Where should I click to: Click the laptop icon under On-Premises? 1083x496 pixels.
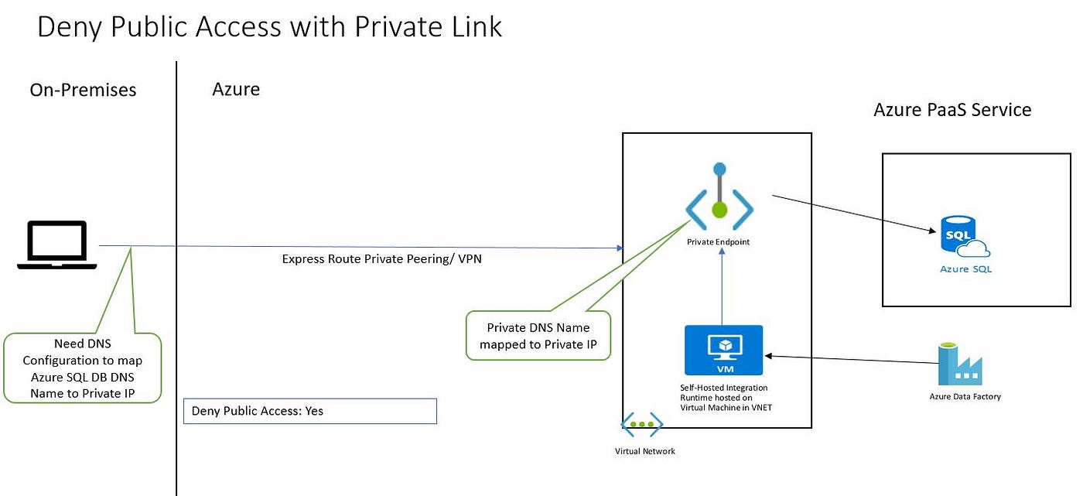(x=57, y=245)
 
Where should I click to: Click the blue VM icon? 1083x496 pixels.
(x=723, y=350)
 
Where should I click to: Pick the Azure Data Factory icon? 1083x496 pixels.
(x=959, y=364)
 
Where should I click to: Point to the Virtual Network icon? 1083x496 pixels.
(x=642, y=425)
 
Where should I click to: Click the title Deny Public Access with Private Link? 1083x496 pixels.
(x=269, y=26)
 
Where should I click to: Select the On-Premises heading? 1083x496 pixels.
(x=83, y=90)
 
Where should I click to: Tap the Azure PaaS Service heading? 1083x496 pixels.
(x=952, y=110)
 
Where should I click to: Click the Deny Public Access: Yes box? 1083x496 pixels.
(x=309, y=411)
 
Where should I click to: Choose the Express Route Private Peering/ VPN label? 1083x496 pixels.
(x=381, y=259)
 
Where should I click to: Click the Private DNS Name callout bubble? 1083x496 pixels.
(x=538, y=336)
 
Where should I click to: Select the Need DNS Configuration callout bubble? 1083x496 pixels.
(x=82, y=368)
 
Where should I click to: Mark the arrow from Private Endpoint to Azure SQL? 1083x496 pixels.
(x=851, y=213)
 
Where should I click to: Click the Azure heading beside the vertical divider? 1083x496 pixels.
(x=236, y=89)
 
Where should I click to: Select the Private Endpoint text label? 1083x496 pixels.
(x=718, y=242)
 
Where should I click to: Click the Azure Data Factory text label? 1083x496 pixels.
(x=965, y=397)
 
